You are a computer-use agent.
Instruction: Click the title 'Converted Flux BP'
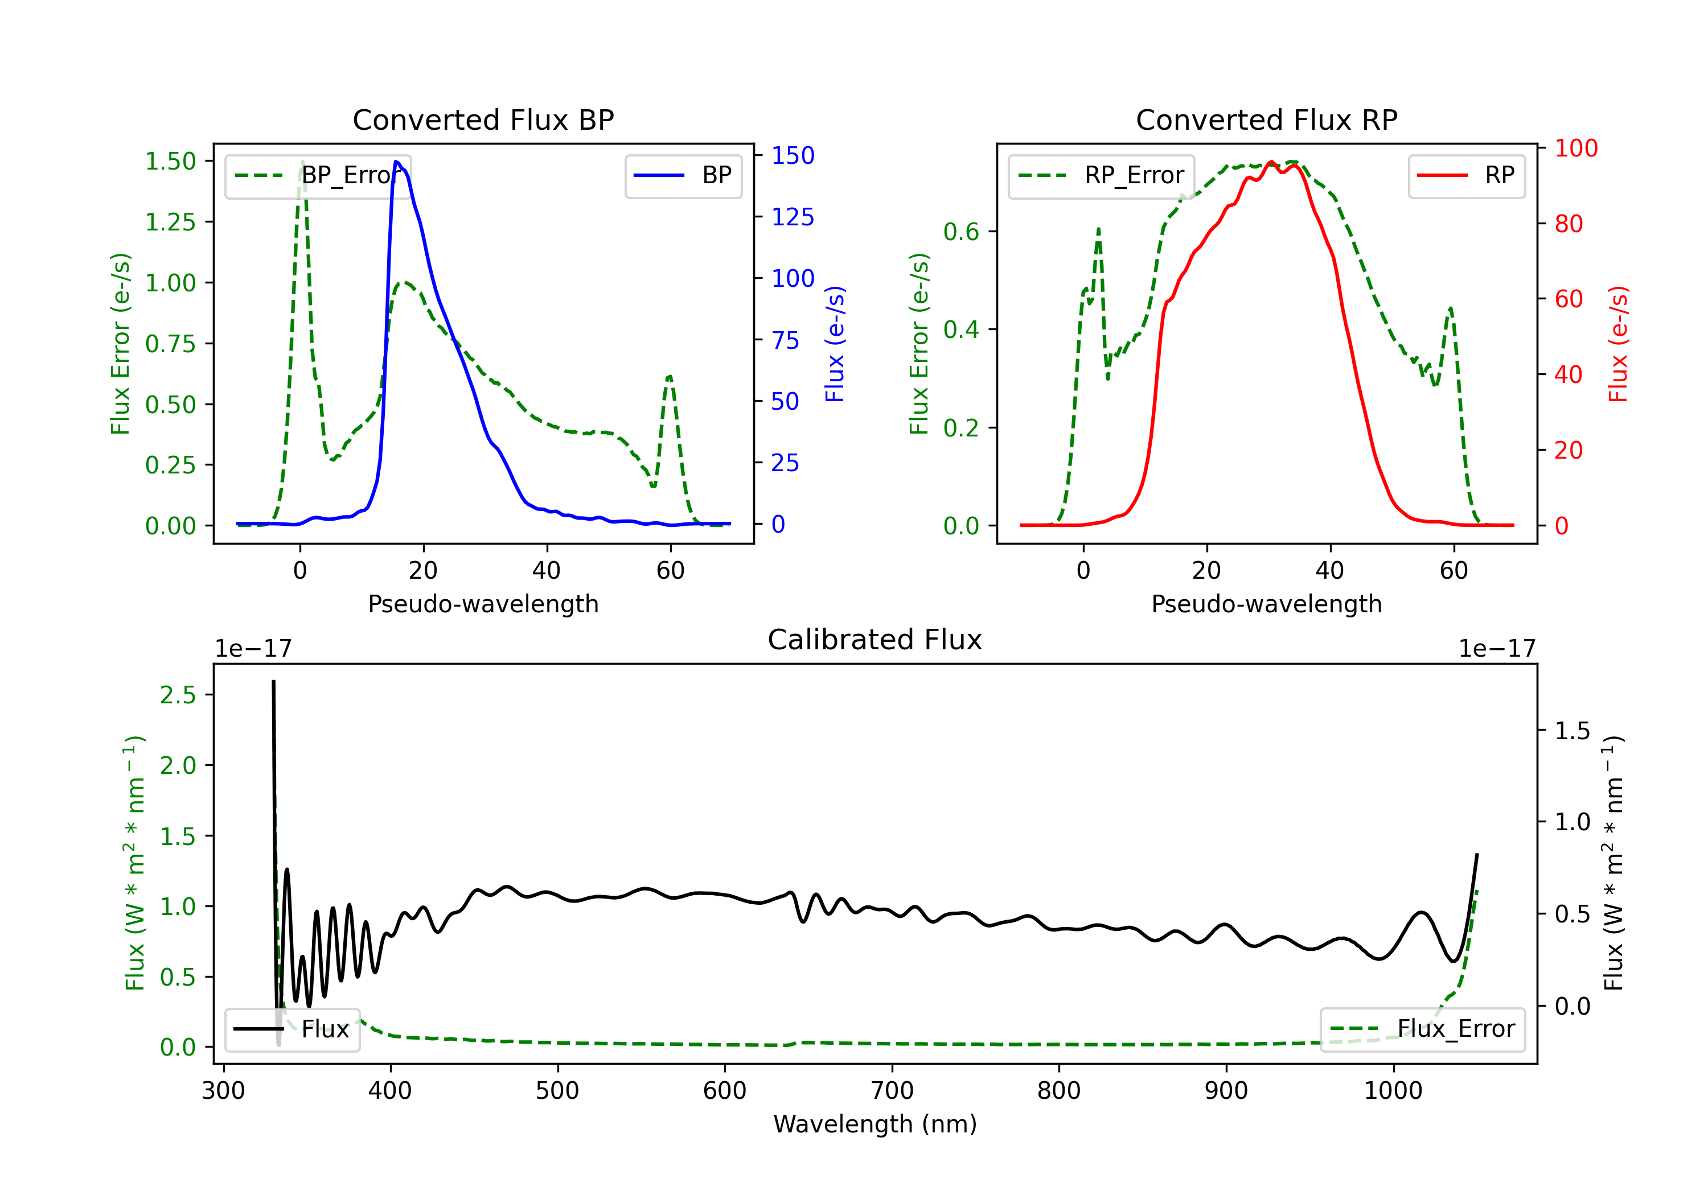483,119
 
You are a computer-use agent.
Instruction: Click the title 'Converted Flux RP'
1266,119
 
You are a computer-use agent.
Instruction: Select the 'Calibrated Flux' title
875,640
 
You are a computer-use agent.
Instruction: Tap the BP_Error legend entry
318,175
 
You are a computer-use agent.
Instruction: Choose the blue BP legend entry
683,175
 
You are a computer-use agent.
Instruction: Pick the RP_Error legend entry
1101,175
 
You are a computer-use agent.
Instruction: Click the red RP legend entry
1466,175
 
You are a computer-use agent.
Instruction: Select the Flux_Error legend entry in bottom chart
1422,1029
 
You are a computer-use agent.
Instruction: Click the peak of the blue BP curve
396,162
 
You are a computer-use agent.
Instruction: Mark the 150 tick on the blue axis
793,155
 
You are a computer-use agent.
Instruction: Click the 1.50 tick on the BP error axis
170,162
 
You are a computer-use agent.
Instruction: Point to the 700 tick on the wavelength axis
892,1091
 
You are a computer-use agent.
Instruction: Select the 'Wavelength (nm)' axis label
875,1124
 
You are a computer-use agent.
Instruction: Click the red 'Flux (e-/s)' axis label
1618,344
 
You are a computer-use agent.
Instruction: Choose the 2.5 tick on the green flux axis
178,695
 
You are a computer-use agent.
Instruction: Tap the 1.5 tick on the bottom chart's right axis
1572,731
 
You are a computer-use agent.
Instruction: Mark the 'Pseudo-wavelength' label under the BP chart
483,604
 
